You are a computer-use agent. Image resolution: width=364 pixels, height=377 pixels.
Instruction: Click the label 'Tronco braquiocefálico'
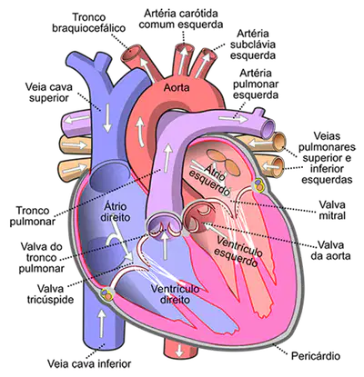(x=88, y=23)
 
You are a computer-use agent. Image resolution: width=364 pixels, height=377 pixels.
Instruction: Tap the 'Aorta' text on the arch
(x=177, y=88)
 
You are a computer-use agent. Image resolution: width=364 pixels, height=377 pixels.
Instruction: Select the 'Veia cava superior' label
(x=48, y=93)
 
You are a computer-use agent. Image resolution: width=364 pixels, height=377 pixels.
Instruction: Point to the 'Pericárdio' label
(x=316, y=356)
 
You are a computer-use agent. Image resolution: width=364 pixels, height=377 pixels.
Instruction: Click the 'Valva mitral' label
(x=332, y=210)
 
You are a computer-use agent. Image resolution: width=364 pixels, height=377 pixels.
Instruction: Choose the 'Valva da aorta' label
(x=330, y=250)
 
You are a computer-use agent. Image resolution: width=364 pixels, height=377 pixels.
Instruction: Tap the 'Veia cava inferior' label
(x=89, y=363)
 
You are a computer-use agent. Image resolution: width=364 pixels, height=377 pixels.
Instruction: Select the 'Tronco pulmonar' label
(x=33, y=215)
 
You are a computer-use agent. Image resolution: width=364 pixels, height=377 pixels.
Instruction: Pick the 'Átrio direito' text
(x=116, y=212)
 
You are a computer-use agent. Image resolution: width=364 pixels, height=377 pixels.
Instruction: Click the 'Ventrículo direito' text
(x=175, y=294)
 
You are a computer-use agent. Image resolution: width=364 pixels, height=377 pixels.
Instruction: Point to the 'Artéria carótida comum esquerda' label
(x=181, y=19)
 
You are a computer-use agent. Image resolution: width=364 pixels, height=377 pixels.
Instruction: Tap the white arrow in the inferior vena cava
(x=102, y=323)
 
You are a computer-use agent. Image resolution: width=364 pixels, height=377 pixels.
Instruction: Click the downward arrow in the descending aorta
(x=179, y=351)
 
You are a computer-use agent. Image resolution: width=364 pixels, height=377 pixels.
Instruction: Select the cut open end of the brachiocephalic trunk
(x=132, y=51)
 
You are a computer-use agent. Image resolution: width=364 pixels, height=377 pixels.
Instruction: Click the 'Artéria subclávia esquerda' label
(x=253, y=45)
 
